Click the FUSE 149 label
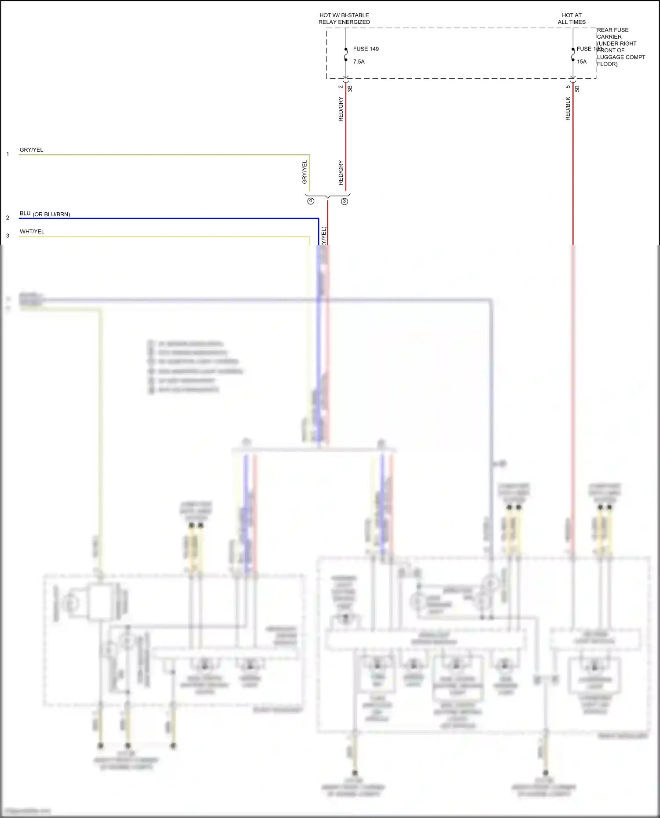pos(366,49)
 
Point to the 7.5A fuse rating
pos(359,62)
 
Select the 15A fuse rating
pos(582,62)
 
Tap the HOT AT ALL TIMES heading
pos(572,18)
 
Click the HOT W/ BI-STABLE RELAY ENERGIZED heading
pos(344,18)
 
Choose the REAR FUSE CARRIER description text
pos(620,47)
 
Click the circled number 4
pos(311,201)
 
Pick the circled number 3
pos(345,201)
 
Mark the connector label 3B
pos(350,88)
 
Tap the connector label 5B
pos(577,88)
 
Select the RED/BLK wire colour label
pos(568,109)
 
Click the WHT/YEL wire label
pos(32,232)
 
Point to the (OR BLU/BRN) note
pos(51,214)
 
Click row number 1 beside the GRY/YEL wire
pos(7,154)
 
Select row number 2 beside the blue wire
pos(7,218)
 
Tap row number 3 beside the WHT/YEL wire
pos(7,236)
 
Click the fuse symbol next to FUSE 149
pos(346,55)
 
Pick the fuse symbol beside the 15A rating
pos(573,55)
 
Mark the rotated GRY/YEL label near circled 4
pos(304,172)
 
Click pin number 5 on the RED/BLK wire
pos(568,87)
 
